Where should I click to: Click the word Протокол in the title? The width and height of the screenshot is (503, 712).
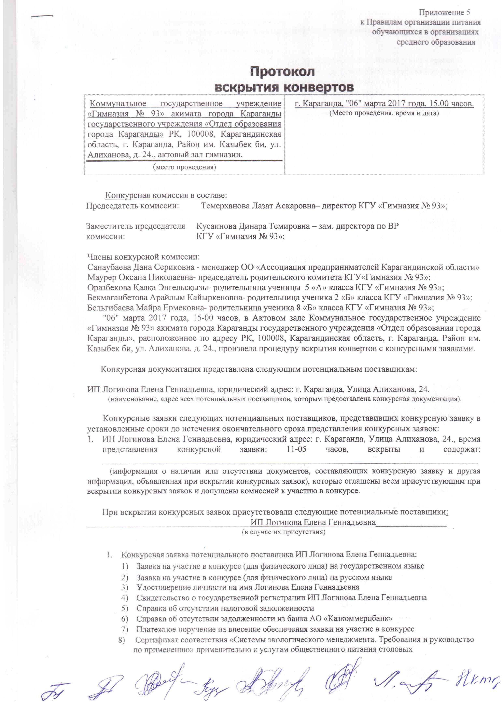[282, 72]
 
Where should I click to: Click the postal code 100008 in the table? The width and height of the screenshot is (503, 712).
[198, 134]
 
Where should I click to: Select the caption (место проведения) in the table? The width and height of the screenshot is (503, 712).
[184, 167]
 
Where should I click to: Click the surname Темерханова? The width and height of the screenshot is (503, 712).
[225, 206]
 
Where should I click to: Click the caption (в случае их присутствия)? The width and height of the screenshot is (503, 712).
[283, 532]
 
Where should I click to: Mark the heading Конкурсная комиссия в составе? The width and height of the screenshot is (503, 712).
[166, 195]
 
